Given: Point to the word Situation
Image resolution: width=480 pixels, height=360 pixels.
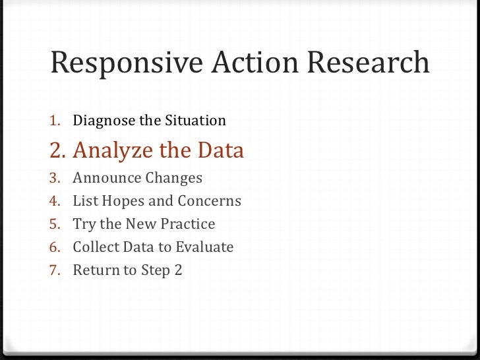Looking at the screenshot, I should (196, 121).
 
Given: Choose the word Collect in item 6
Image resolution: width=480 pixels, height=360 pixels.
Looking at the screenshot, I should (97, 247).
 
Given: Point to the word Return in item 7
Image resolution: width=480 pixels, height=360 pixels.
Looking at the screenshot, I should (95, 270).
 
